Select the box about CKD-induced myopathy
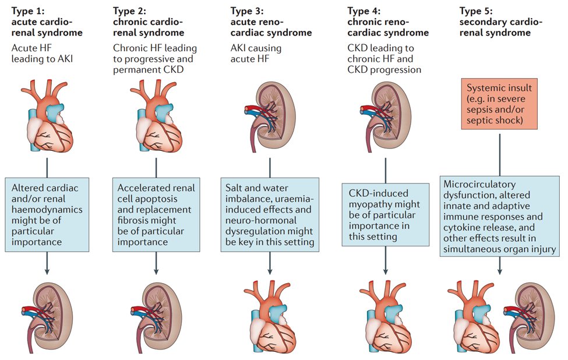pos(385,214)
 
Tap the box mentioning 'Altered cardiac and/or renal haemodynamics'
pos(46,214)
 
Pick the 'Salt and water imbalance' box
pos(270,214)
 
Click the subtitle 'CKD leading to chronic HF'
pos(382,58)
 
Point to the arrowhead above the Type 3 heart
pos(270,270)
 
